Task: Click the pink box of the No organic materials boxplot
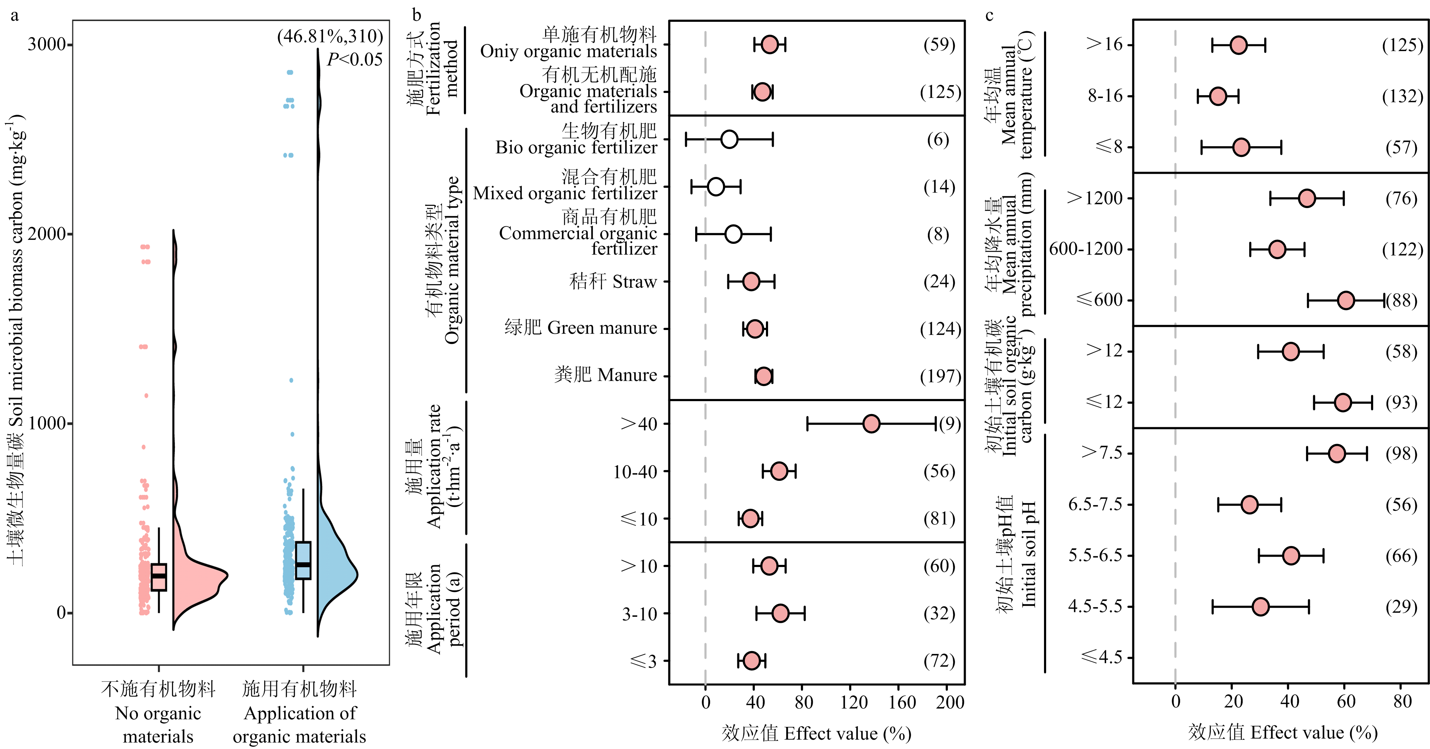tap(159, 577)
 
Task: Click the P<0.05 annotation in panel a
tap(355, 59)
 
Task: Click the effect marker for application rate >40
tap(871, 424)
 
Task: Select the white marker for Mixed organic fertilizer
tap(716, 187)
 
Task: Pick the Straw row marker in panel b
tap(751, 281)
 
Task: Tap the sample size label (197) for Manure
tap(940, 376)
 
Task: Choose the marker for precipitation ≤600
tap(1346, 300)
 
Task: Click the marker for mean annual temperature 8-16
tap(1218, 96)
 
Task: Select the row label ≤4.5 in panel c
tap(1102, 657)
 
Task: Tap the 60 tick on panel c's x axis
tap(1346, 701)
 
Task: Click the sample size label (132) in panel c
tap(1402, 97)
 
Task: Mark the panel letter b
tap(416, 15)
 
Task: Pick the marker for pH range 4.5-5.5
tap(1261, 606)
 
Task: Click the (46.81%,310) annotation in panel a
tap(330, 36)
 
